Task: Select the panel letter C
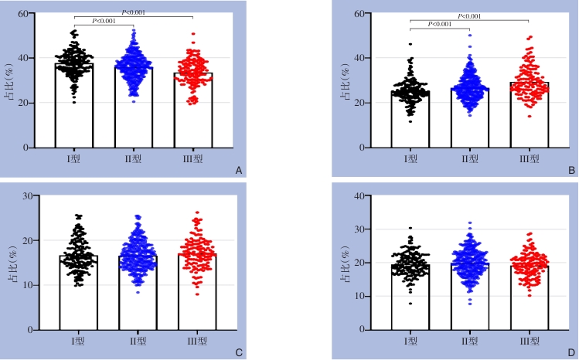pyautogui.click(x=240, y=352)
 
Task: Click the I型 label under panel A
pyautogui.click(x=74, y=159)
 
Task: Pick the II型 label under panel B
pyautogui.click(x=470, y=159)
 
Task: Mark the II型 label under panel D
pyautogui.click(x=470, y=341)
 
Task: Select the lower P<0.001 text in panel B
pyautogui.click(x=439, y=24)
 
